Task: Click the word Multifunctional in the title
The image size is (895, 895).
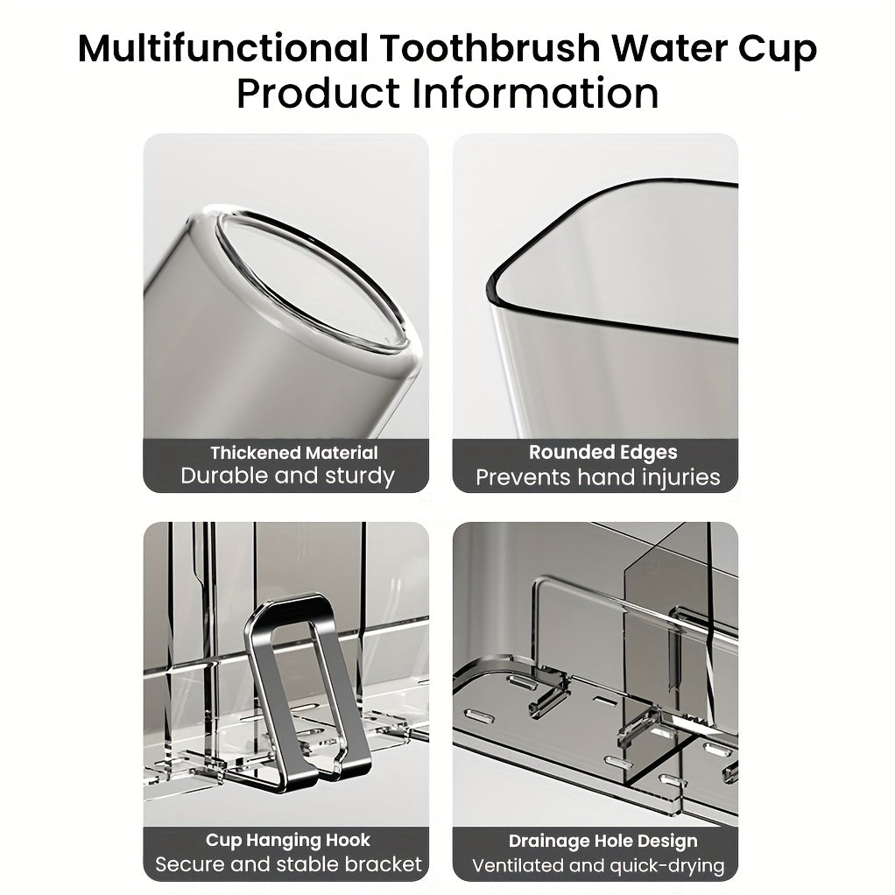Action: pyautogui.click(x=223, y=48)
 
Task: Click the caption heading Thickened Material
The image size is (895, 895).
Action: pyautogui.click(x=294, y=453)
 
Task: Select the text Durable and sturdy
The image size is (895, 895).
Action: pyautogui.click(x=287, y=476)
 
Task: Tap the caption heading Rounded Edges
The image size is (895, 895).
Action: pyautogui.click(x=603, y=453)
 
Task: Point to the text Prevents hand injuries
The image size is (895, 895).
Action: pyautogui.click(x=597, y=477)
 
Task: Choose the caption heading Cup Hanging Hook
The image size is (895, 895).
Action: pyautogui.click(x=287, y=841)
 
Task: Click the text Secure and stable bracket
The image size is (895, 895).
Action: pyautogui.click(x=288, y=864)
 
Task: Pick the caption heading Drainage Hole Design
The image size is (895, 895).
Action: pyautogui.click(x=603, y=842)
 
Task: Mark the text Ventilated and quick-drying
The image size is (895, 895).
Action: pyautogui.click(x=597, y=866)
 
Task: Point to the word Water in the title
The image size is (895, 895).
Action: pyautogui.click(x=669, y=48)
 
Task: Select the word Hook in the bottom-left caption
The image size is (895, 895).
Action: pyautogui.click(x=348, y=840)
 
